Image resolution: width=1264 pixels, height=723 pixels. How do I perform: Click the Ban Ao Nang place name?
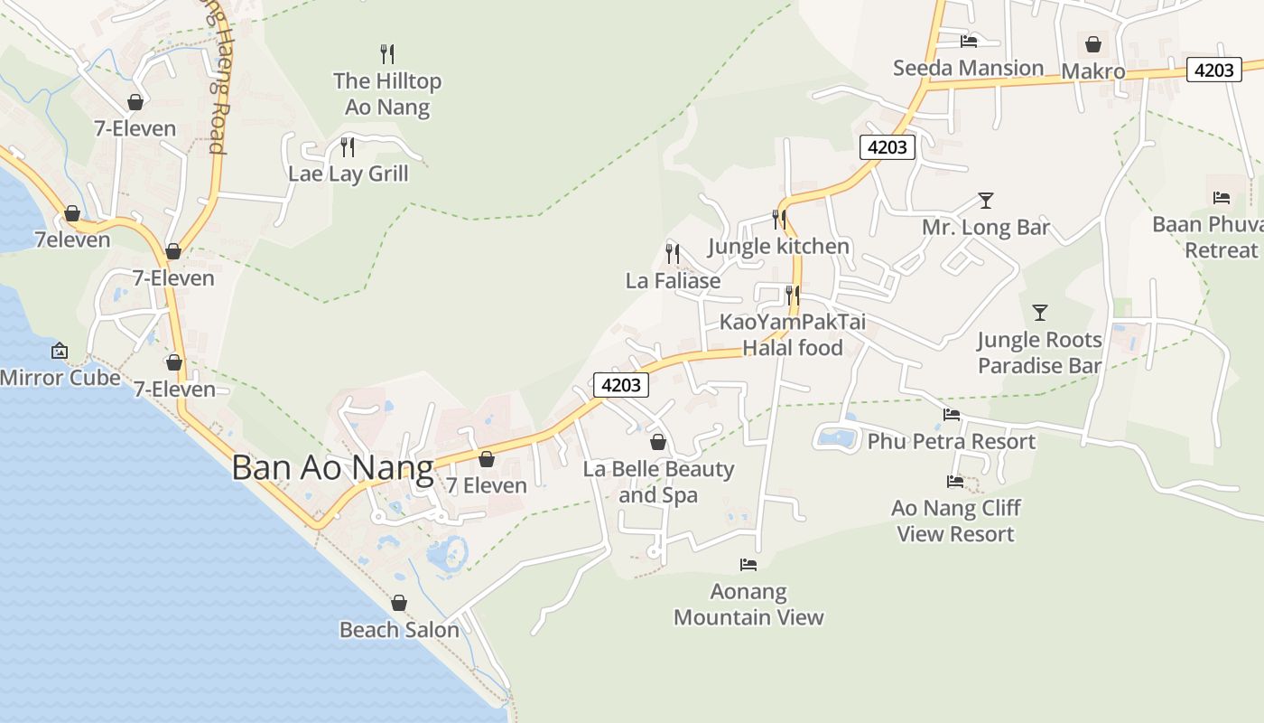pyautogui.click(x=332, y=468)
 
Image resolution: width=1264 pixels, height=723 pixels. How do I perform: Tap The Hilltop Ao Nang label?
pyautogui.click(x=387, y=94)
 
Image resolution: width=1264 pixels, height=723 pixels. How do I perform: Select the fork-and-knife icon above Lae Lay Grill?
pyautogui.click(x=347, y=146)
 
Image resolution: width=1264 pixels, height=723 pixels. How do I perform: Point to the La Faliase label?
pyautogui.click(x=674, y=281)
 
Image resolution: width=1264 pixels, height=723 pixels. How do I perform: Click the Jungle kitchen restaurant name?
pyautogui.click(x=778, y=246)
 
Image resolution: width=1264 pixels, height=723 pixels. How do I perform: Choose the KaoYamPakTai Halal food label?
pyautogui.click(x=792, y=335)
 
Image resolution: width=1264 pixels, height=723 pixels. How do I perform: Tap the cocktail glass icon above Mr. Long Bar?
pyautogui.click(x=985, y=201)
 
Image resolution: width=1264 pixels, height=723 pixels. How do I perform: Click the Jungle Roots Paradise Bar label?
pyautogui.click(x=1039, y=353)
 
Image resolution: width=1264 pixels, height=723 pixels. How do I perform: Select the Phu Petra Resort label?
pyautogui.click(x=952, y=442)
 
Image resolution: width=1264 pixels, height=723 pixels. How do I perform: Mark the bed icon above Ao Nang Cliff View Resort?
pyautogui.click(x=955, y=482)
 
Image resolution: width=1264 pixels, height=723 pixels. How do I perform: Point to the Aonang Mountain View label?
pyautogui.click(x=748, y=605)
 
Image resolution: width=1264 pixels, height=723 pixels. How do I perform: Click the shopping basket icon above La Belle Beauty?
pyautogui.click(x=658, y=442)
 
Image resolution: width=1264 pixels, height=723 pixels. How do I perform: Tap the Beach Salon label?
pyautogui.click(x=399, y=630)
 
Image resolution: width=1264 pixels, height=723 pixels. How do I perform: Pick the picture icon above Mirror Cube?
pyautogui.click(x=60, y=350)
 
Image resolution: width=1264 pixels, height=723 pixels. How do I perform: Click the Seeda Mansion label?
pyautogui.click(x=968, y=69)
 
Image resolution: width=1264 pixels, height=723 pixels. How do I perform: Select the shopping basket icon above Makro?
pyautogui.click(x=1093, y=44)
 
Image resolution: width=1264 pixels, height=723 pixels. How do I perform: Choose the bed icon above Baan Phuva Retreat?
pyautogui.click(x=1222, y=198)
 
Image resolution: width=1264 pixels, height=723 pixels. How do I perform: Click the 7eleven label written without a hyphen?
pyautogui.click(x=72, y=240)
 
